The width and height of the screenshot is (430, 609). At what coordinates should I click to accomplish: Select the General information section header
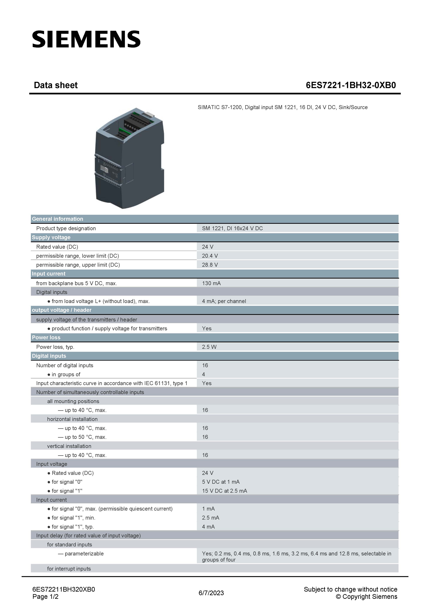coord(57,219)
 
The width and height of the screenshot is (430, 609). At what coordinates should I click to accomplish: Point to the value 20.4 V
coord(210,256)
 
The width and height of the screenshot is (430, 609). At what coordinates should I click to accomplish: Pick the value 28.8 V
coord(210,265)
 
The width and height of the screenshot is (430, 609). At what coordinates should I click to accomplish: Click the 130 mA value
coord(211,283)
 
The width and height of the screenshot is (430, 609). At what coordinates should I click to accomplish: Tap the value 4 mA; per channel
coord(224,301)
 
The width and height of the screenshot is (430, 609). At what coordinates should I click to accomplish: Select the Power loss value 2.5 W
coord(209,347)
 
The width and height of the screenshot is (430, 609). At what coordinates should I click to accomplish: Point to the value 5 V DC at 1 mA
coord(221,482)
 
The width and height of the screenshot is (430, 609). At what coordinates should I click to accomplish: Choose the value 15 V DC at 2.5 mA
coord(224,491)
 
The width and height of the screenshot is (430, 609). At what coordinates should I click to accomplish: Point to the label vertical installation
coord(69,446)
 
